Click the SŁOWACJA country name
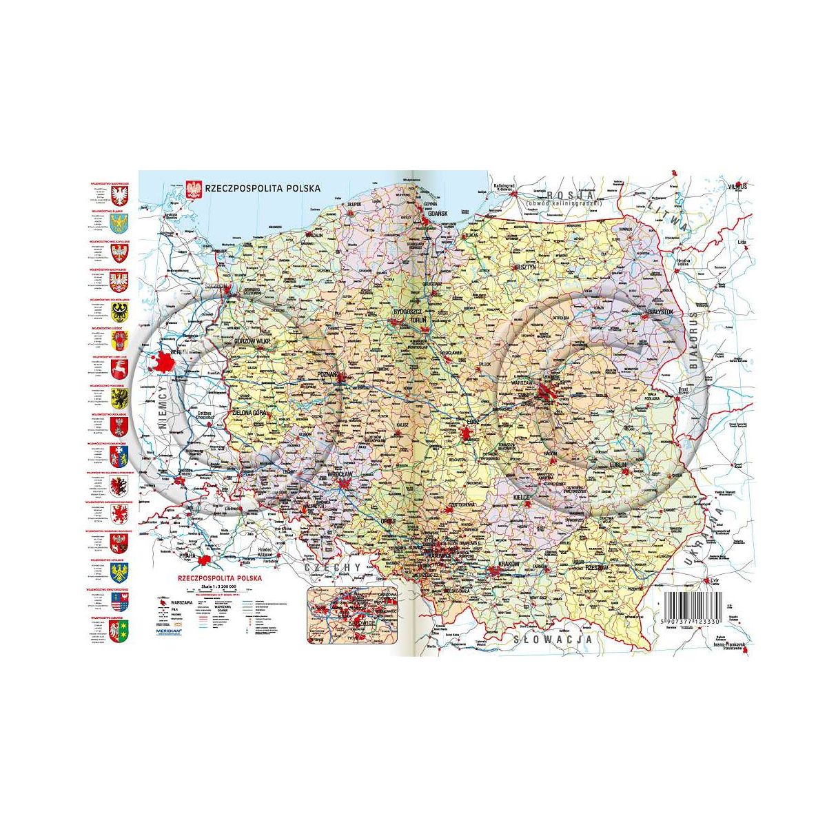point(553,640)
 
